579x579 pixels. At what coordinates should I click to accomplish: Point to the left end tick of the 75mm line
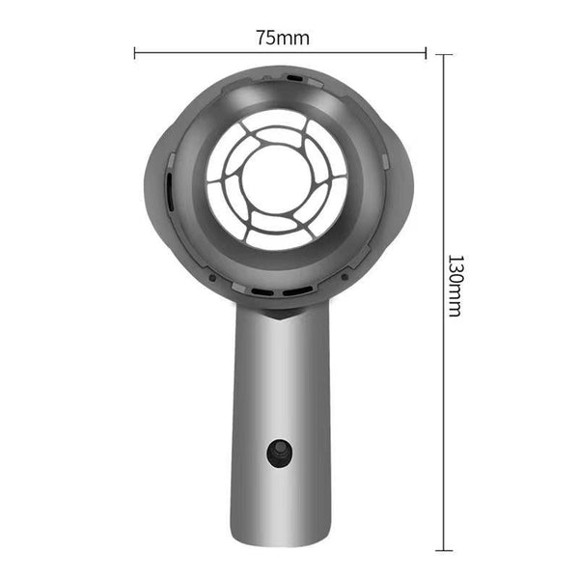click(x=134, y=53)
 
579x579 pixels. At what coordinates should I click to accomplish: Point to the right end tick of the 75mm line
click(x=426, y=53)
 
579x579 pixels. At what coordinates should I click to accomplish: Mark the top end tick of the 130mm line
click(x=443, y=54)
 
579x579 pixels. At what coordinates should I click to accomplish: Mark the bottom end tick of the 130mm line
click(x=443, y=549)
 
